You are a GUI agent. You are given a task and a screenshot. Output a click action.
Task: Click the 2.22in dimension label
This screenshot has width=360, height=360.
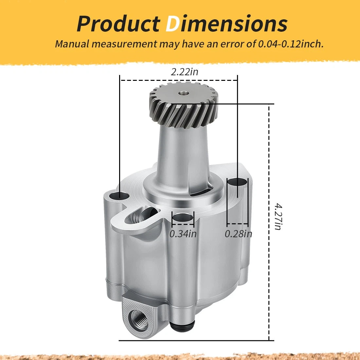[184, 72]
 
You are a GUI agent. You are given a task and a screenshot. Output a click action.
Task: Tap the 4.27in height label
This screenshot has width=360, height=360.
[278, 216]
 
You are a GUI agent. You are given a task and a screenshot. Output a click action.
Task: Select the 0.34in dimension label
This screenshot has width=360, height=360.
[183, 234]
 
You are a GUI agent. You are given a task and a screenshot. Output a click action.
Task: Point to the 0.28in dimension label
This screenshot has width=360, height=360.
[238, 234]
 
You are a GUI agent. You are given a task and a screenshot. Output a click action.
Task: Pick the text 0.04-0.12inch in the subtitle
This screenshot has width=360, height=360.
[291, 44]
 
